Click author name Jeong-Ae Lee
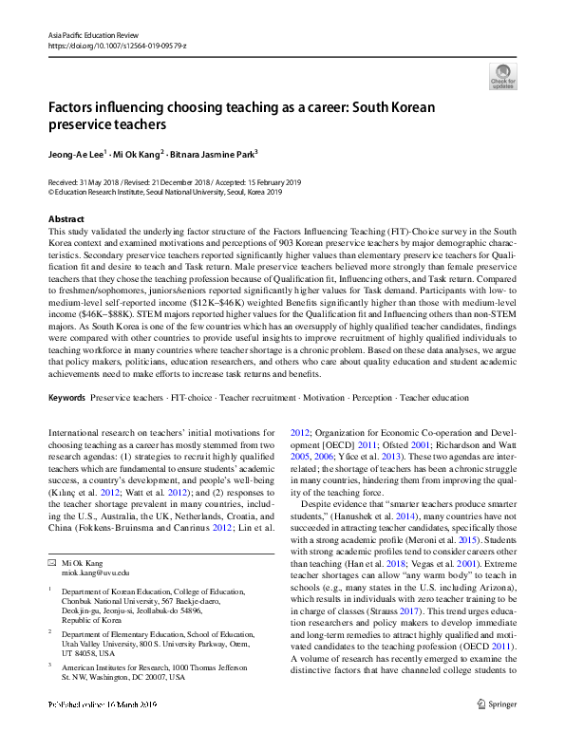coord(76,153)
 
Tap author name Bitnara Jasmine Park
coord(214,153)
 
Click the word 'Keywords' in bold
coord(66,397)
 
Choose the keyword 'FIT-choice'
coord(192,397)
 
